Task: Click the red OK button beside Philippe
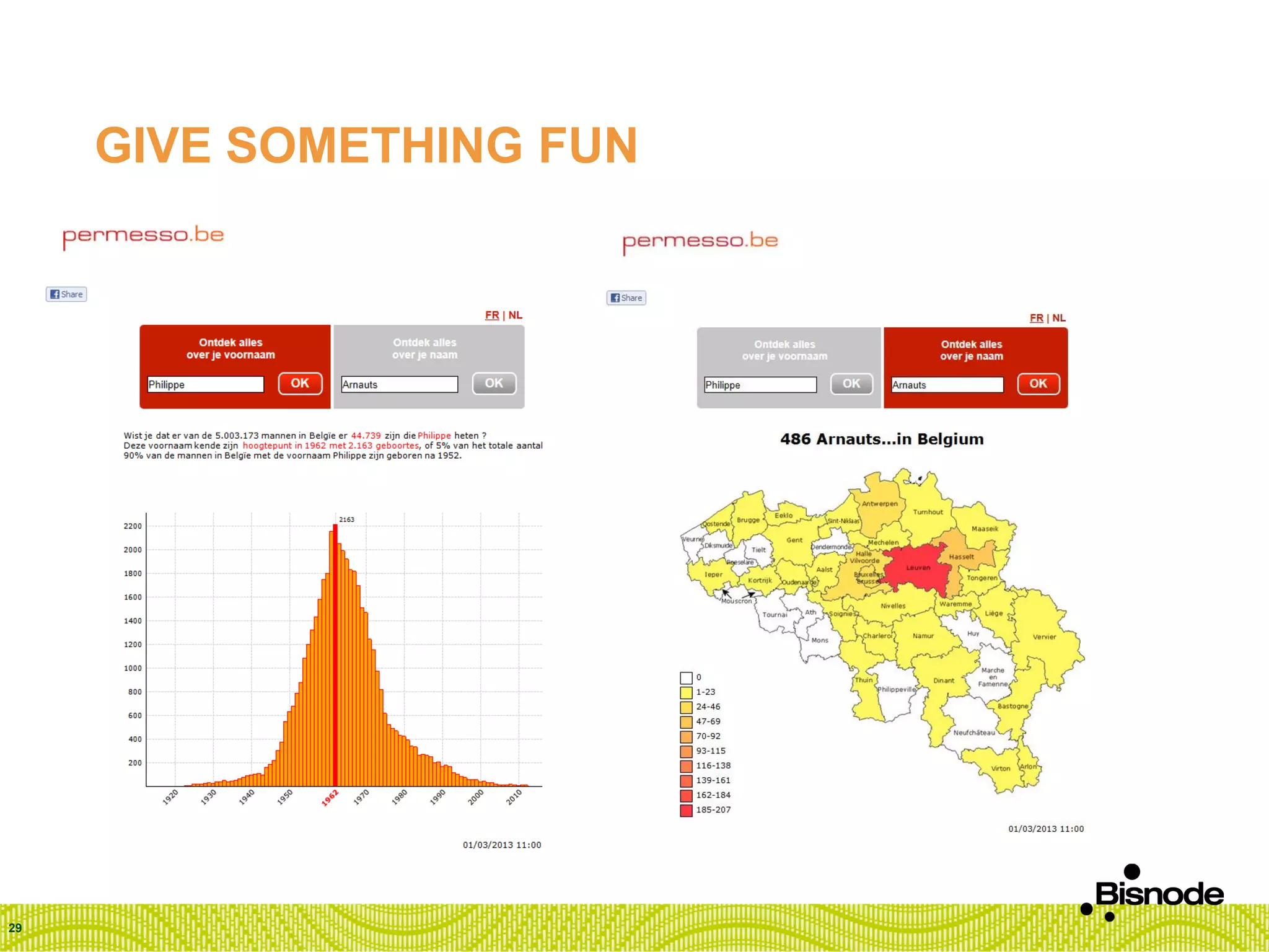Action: point(300,384)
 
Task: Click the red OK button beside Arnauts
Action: point(1038,384)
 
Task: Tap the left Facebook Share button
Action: point(66,294)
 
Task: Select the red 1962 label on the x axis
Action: point(330,797)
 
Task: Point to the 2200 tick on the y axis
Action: point(133,526)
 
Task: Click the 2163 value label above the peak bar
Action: point(346,519)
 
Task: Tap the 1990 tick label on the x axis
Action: point(438,796)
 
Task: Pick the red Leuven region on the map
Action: point(917,568)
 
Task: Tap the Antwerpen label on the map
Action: point(879,504)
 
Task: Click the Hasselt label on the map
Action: point(961,557)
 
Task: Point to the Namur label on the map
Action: point(923,636)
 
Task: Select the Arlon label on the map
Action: point(1028,767)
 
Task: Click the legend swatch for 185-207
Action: point(686,810)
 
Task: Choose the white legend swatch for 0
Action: point(686,677)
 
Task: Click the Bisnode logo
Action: point(1153,892)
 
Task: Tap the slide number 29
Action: point(15,928)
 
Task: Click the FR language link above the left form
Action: point(492,315)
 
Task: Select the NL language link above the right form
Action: point(1059,318)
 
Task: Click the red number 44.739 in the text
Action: point(366,436)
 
